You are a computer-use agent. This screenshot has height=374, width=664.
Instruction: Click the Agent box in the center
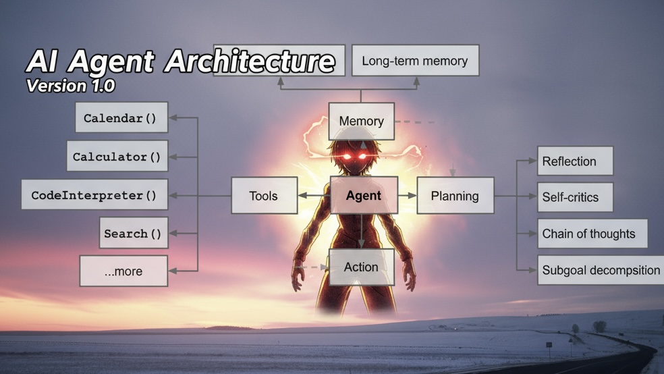364,195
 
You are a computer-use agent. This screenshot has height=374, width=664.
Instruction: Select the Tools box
265,195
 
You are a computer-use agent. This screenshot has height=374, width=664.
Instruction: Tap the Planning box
455,195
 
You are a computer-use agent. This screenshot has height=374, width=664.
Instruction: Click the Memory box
361,121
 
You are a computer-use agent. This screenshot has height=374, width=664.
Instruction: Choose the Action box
361,267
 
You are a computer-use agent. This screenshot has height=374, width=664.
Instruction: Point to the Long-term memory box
416,61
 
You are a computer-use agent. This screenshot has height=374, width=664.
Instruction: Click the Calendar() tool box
121,117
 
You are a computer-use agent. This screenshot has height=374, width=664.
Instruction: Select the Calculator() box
117,156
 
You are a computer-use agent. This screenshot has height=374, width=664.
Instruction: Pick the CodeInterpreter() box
94,194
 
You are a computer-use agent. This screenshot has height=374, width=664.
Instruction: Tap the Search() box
134,233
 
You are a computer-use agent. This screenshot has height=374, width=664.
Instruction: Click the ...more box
123,271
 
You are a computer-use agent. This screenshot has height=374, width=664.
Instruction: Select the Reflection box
575,161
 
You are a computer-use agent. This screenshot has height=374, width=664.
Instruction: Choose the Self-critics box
575,197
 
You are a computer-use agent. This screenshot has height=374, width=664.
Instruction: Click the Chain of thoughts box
592,234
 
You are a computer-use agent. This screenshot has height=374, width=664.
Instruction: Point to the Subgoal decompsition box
601,270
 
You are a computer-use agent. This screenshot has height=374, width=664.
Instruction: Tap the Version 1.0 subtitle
70,86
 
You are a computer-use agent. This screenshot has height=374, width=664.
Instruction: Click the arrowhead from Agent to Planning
412,195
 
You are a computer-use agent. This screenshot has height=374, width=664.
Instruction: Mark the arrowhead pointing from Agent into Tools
302,195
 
